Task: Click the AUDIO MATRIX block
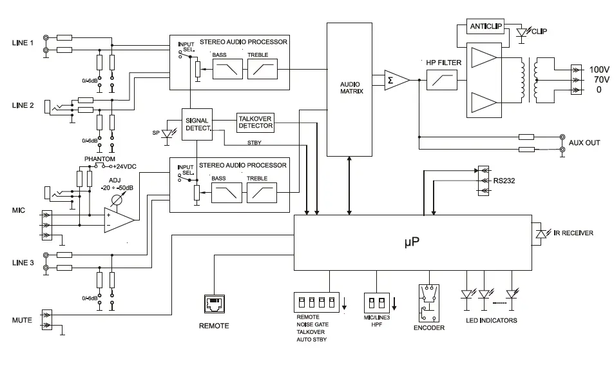tap(351, 88)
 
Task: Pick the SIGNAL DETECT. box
tap(197, 124)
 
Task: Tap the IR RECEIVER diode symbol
tap(539, 232)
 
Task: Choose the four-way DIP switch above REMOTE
tap(316, 302)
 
